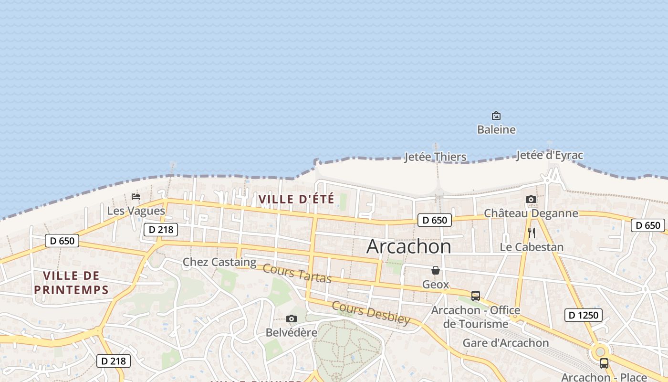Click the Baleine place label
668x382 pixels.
(496, 129)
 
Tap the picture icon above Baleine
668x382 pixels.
(496, 116)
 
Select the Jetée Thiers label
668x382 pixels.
(435, 157)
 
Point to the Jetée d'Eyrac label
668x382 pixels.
(549, 155)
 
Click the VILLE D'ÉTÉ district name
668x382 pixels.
(296, 199)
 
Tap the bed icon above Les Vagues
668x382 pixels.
(136, 196)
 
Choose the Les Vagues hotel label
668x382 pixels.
(136, 211)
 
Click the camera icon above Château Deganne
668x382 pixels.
(531, 200)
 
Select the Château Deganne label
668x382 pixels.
(531, 213)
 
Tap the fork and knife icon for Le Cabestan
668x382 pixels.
(532, 233)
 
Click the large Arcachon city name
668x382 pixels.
(408, 246)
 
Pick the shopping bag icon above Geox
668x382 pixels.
(436, 270)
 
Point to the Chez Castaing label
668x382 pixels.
(219, 262)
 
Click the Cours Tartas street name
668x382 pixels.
(297, 273)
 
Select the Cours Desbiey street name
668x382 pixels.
(371, 313)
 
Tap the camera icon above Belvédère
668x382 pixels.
(292, 318)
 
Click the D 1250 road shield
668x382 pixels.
(583, 315)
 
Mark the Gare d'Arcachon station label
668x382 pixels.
(506, 343)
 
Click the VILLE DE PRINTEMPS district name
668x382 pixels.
(72, 283)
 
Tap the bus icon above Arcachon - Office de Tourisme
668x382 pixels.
(475, 296)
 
